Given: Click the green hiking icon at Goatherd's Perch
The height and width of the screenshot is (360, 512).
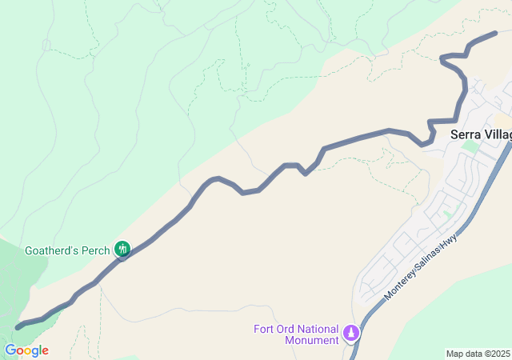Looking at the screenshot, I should (x=122, y=250).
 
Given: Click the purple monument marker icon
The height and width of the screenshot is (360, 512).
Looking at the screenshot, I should (x=350, y=332).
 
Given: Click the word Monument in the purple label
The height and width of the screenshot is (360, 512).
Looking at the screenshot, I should (x=312, y=340).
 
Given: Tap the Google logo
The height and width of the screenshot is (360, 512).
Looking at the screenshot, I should (x=26, y=350).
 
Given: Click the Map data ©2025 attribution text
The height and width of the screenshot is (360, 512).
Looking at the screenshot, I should (x=478, y=354).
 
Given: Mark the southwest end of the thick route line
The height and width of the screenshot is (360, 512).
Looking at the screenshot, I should (x=18, y=327).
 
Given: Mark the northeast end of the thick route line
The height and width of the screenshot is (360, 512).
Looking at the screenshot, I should (x=496, y=33).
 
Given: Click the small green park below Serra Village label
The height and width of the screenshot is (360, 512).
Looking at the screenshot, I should (x=471, y=146).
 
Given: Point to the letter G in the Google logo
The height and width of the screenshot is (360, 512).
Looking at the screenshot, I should (x=10, y=350).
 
